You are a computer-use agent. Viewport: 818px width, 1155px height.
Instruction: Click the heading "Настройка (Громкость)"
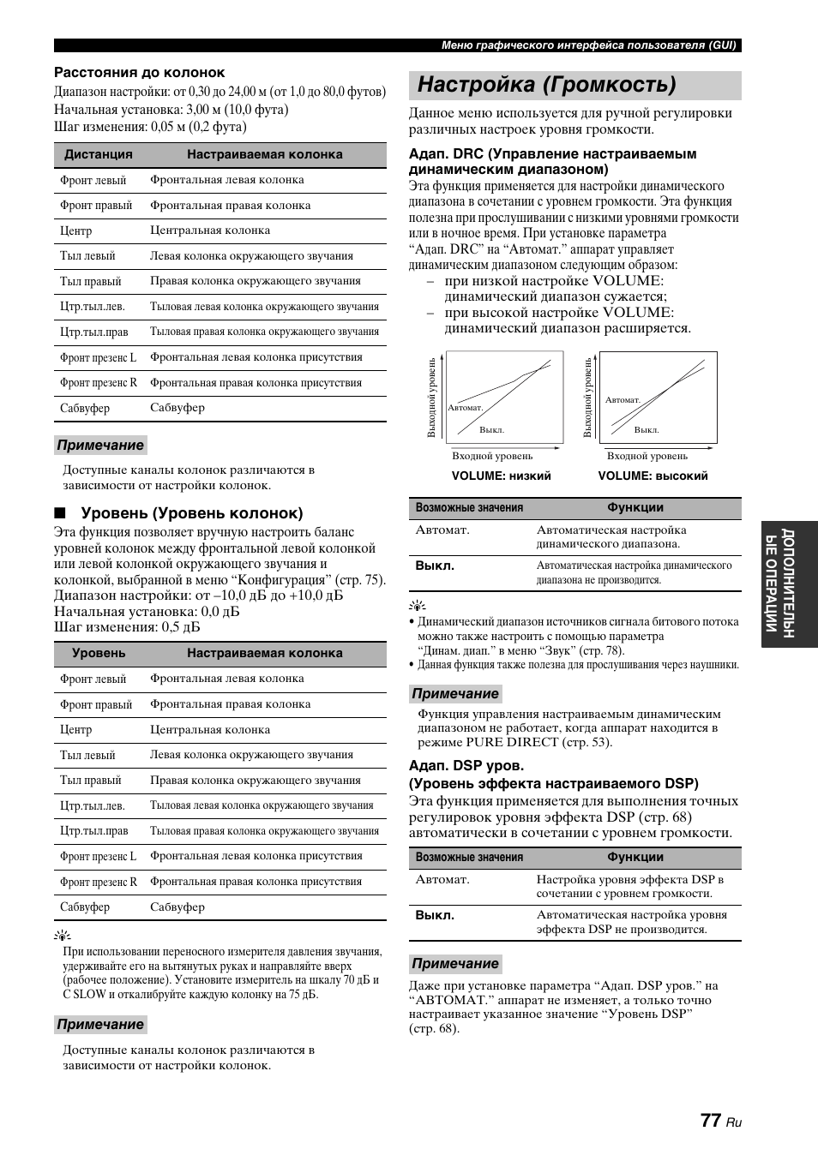click(x=547, y=85)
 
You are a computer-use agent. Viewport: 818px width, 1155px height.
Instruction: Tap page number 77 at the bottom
click(x=710, y=1120)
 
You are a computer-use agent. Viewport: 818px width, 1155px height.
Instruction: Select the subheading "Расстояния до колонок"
click(x=140, y=73)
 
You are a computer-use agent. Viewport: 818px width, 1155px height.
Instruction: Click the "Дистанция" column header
click(x=99, y=155)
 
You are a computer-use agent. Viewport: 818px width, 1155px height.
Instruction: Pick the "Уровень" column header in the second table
click(x=99, y=654)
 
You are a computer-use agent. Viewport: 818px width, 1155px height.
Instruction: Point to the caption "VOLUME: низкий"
click(x=501, y=476)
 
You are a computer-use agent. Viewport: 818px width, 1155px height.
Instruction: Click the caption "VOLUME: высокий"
click(x=653, y=476)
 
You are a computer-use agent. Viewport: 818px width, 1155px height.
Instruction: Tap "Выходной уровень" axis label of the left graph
click(x=432, y=398)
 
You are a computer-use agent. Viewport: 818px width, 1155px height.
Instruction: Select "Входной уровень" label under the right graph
click(x=647, y=456)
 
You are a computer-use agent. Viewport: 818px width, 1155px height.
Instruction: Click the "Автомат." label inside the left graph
click(x=466, y=408)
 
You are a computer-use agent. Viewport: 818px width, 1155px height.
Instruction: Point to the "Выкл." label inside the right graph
click(x=646, y=430)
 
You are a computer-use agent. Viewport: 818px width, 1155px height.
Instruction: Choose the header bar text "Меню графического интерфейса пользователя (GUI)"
click(x=589, y=45)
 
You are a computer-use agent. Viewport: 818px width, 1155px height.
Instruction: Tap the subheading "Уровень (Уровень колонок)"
click(x=191, y=514)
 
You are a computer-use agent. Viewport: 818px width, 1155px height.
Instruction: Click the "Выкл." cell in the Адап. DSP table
click(x=435, y=915)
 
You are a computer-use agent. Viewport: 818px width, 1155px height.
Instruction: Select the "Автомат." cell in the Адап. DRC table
click(x=442, y=530)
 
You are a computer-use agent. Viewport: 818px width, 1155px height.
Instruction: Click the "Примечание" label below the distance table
click(x=100, y=446)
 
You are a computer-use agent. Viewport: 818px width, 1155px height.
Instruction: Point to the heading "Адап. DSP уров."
click(x=466, y=766)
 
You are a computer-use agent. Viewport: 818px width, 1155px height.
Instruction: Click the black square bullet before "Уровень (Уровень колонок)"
click(x=59, y=514)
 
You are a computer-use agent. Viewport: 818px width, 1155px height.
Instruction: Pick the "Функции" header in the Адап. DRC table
click(x=635, y=508)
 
